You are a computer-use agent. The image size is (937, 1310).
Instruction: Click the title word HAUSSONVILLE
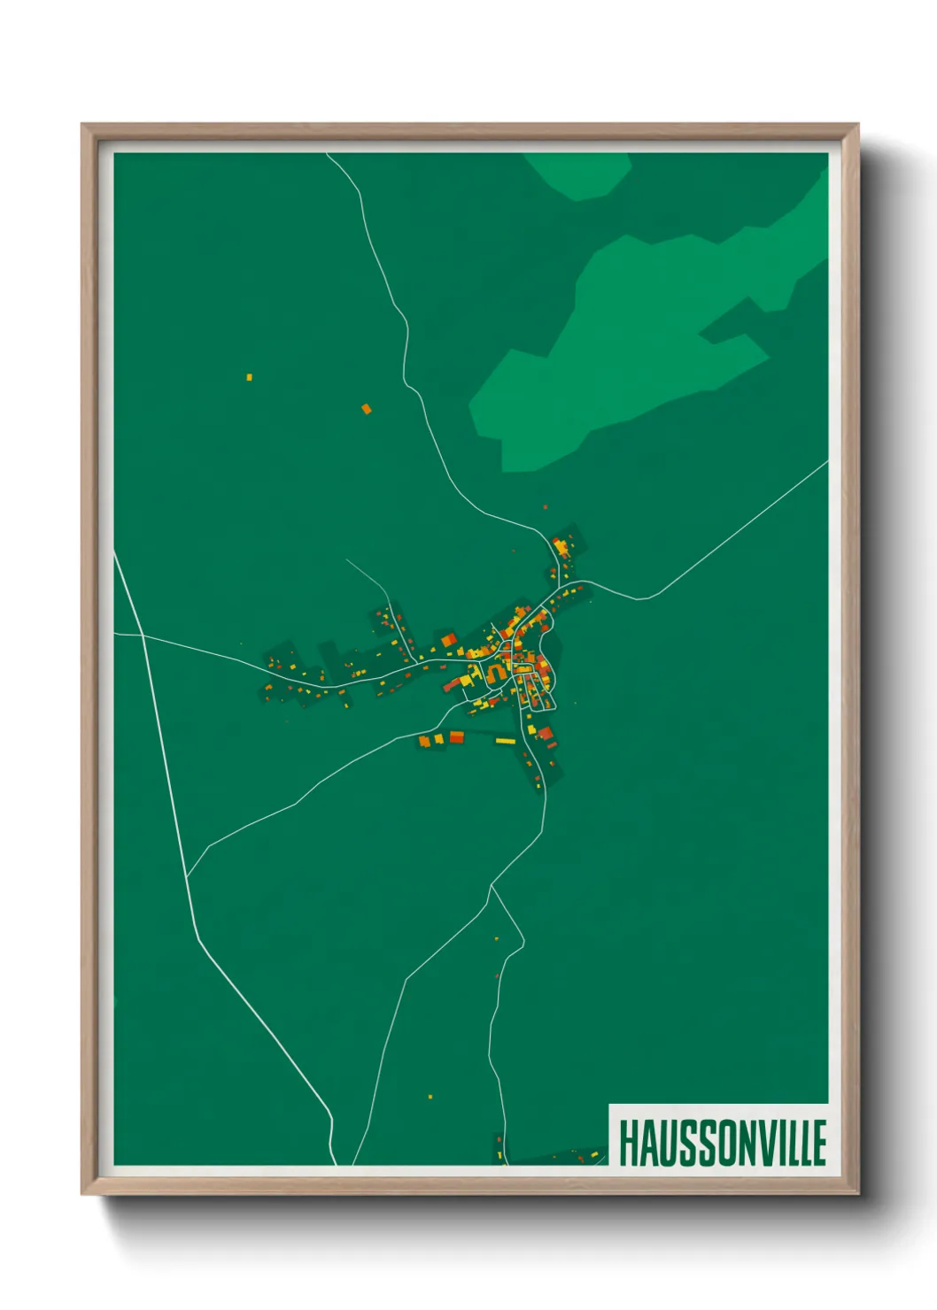pos(722,1143)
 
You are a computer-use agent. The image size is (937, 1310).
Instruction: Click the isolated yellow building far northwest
pos(249,377)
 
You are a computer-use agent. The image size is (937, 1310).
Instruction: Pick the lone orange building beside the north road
pos(366,409)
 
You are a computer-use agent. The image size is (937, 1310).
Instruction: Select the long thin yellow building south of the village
pos(505,740)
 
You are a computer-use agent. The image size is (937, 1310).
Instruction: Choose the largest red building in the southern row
pos(456,736)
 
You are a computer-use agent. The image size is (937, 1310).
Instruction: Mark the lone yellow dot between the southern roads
pos(430,1097)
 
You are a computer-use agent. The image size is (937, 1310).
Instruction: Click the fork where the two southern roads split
pos(492,885)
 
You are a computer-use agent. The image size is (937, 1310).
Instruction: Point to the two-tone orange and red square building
pos(448,640)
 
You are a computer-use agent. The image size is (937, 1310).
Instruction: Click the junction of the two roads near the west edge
pos(142,635)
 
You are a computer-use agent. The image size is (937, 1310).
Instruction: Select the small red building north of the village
pos(545,507)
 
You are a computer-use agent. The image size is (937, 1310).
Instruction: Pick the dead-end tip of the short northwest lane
pos(346,559)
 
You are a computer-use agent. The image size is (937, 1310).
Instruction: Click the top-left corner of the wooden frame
pos(82,125)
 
